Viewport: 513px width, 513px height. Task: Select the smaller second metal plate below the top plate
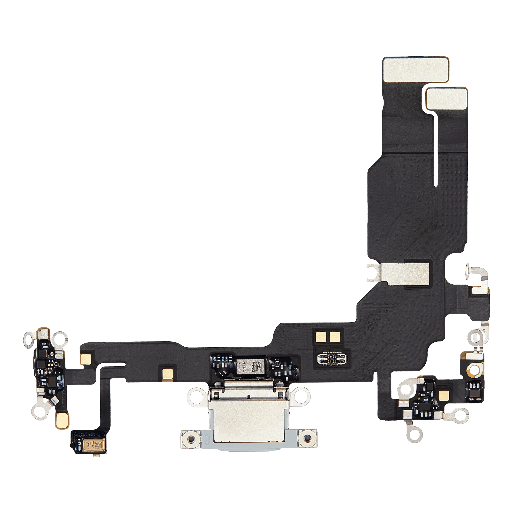447,98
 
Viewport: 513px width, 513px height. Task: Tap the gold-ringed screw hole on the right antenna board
473,370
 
